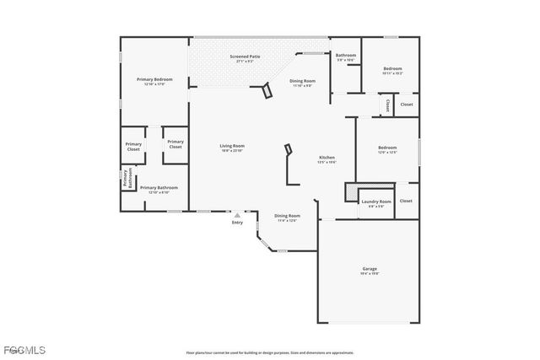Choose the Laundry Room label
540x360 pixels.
(x=376, y=202)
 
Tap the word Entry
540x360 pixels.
(x=237, y=223)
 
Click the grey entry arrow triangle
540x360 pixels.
(x=237, y=215)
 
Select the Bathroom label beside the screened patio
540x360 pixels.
(x=347, y=56)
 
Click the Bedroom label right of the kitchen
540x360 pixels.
(x=387, y=149)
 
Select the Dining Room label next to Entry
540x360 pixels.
(x=287, y=217)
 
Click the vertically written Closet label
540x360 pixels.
(x=387, y=105)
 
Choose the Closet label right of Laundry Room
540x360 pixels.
(x=406, y=201)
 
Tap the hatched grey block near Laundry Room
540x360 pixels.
(x=350, y=193)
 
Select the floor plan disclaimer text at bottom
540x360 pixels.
(x=270, y=352)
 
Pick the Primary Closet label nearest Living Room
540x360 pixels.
(x=175, y=145)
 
